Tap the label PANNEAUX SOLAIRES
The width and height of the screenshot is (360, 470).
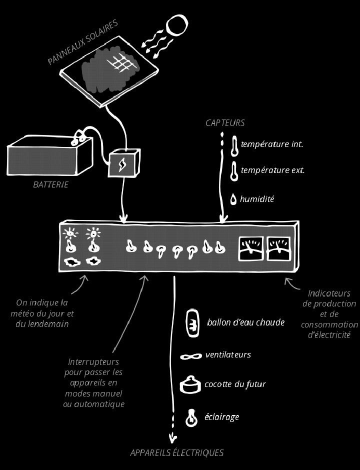click(x=82, y=42)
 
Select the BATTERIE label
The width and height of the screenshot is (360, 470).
click(x=50, y=185)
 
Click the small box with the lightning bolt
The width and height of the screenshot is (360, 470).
click(x=124, y=163)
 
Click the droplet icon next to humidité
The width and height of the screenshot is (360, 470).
click(x=233, y=199)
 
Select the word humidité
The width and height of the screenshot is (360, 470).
click(x=257, y=199)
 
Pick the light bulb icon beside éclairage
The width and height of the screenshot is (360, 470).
click(x=191, y=417)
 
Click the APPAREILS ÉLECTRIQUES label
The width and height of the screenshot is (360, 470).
click(x=176, y=453)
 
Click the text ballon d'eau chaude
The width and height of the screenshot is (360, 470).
click(x=245, y=322)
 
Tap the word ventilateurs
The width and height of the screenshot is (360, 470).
click(x=228, y=355)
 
